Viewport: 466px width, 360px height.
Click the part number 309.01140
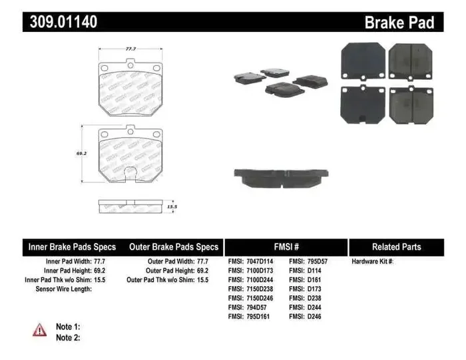(63, 22)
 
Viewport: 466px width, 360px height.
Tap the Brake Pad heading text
(399, 23)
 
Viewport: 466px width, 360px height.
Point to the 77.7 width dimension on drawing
(131, 49)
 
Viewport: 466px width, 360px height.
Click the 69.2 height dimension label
(82, 154)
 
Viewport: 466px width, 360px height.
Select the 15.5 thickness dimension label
(172, 207)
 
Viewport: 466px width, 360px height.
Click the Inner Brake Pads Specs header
(72, 247)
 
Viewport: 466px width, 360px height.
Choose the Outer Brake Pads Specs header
(173, 247)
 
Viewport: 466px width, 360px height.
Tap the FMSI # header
(286, 247)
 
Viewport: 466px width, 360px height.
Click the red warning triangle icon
(40, 329)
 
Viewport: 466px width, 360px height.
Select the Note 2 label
(68, 338)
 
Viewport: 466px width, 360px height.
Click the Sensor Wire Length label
(63, 289)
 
